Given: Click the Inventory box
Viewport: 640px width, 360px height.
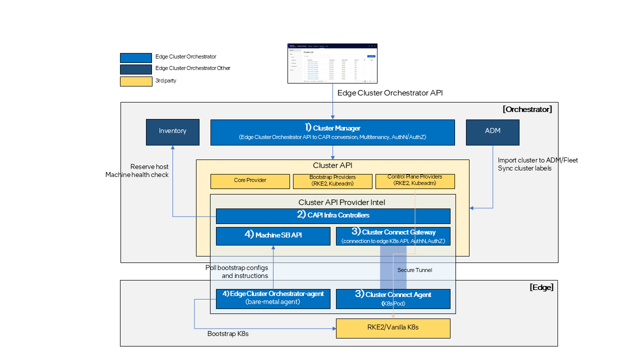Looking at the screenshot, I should click(172, 132).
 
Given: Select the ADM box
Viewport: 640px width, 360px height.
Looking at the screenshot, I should click(492, 132).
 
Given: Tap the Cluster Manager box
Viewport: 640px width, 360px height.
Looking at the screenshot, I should click(332, 132).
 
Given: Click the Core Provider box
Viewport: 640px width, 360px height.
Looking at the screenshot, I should click(250, 181).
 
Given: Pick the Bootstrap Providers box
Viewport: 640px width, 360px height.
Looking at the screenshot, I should click(332, 181).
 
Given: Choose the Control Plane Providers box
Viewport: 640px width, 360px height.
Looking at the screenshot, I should click(414, 181).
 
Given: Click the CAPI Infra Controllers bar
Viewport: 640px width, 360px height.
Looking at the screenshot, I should click(333, 215).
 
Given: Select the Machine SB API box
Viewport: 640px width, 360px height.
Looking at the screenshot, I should click(273, 236).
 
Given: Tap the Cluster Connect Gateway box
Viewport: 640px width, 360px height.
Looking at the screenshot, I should click(393, 236).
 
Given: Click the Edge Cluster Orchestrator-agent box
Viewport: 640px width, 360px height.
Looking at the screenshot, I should click(273, 298).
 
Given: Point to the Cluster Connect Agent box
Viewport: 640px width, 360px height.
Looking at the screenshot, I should click(393, 298).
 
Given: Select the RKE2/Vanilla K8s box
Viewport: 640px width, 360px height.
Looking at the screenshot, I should click(393, 328).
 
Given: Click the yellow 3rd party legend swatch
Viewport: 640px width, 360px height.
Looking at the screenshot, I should click(136, 81).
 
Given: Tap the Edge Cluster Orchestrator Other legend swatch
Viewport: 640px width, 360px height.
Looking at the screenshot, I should click(136, 69).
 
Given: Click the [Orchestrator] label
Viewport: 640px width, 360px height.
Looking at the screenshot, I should click(527, 109).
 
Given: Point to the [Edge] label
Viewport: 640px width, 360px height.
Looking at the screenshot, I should click(541, 287).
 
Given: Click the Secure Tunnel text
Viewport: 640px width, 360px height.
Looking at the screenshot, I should click(414, 270).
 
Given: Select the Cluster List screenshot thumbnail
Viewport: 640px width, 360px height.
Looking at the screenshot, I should click(332, 63).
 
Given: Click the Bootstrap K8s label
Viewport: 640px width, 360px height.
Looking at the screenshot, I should click(228, 333).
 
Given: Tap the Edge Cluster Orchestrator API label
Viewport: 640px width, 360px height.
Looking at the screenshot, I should click(390, 93).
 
